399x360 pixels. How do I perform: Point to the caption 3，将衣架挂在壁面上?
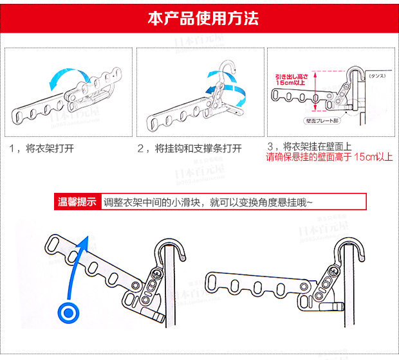click(313, 147)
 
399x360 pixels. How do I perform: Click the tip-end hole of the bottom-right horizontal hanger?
click(216, 281)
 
